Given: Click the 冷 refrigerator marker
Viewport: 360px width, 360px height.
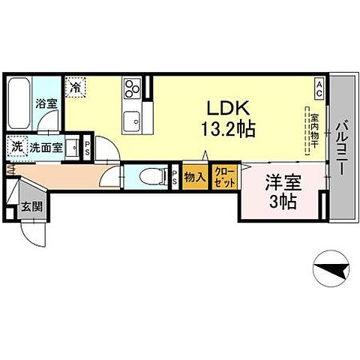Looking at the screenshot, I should [x=75, y=88].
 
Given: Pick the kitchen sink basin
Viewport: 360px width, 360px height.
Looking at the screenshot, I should [x=136, y=119].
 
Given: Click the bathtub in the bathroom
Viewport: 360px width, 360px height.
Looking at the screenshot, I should [x=21, y=103].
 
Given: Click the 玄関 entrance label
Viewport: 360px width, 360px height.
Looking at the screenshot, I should [x=30, y=208].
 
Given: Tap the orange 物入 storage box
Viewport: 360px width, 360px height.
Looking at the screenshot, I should [x=194, y=177].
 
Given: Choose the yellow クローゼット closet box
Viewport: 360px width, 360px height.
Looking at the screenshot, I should [x=225, y=177].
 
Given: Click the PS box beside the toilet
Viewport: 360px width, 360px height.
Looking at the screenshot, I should [x=174, y=178].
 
